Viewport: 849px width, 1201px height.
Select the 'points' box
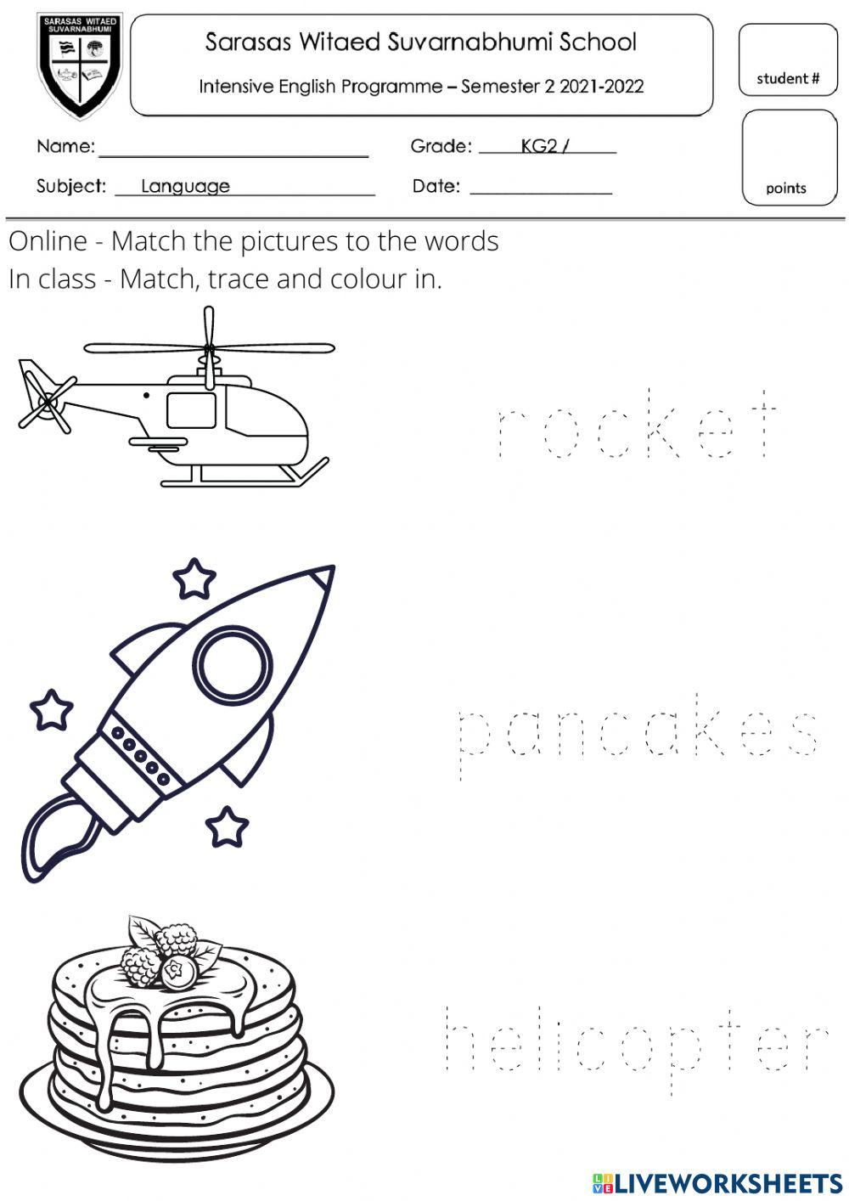coord(788,159)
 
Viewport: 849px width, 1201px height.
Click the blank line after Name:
coord(233,155)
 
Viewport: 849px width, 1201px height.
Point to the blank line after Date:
coord(541,192)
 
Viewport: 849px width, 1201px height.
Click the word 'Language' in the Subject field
coord(185,186)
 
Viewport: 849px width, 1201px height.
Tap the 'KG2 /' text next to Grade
coord(544,146)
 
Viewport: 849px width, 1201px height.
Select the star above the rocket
coord(194,578)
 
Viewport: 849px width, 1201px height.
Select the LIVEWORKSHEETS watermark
coord(717,1182)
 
